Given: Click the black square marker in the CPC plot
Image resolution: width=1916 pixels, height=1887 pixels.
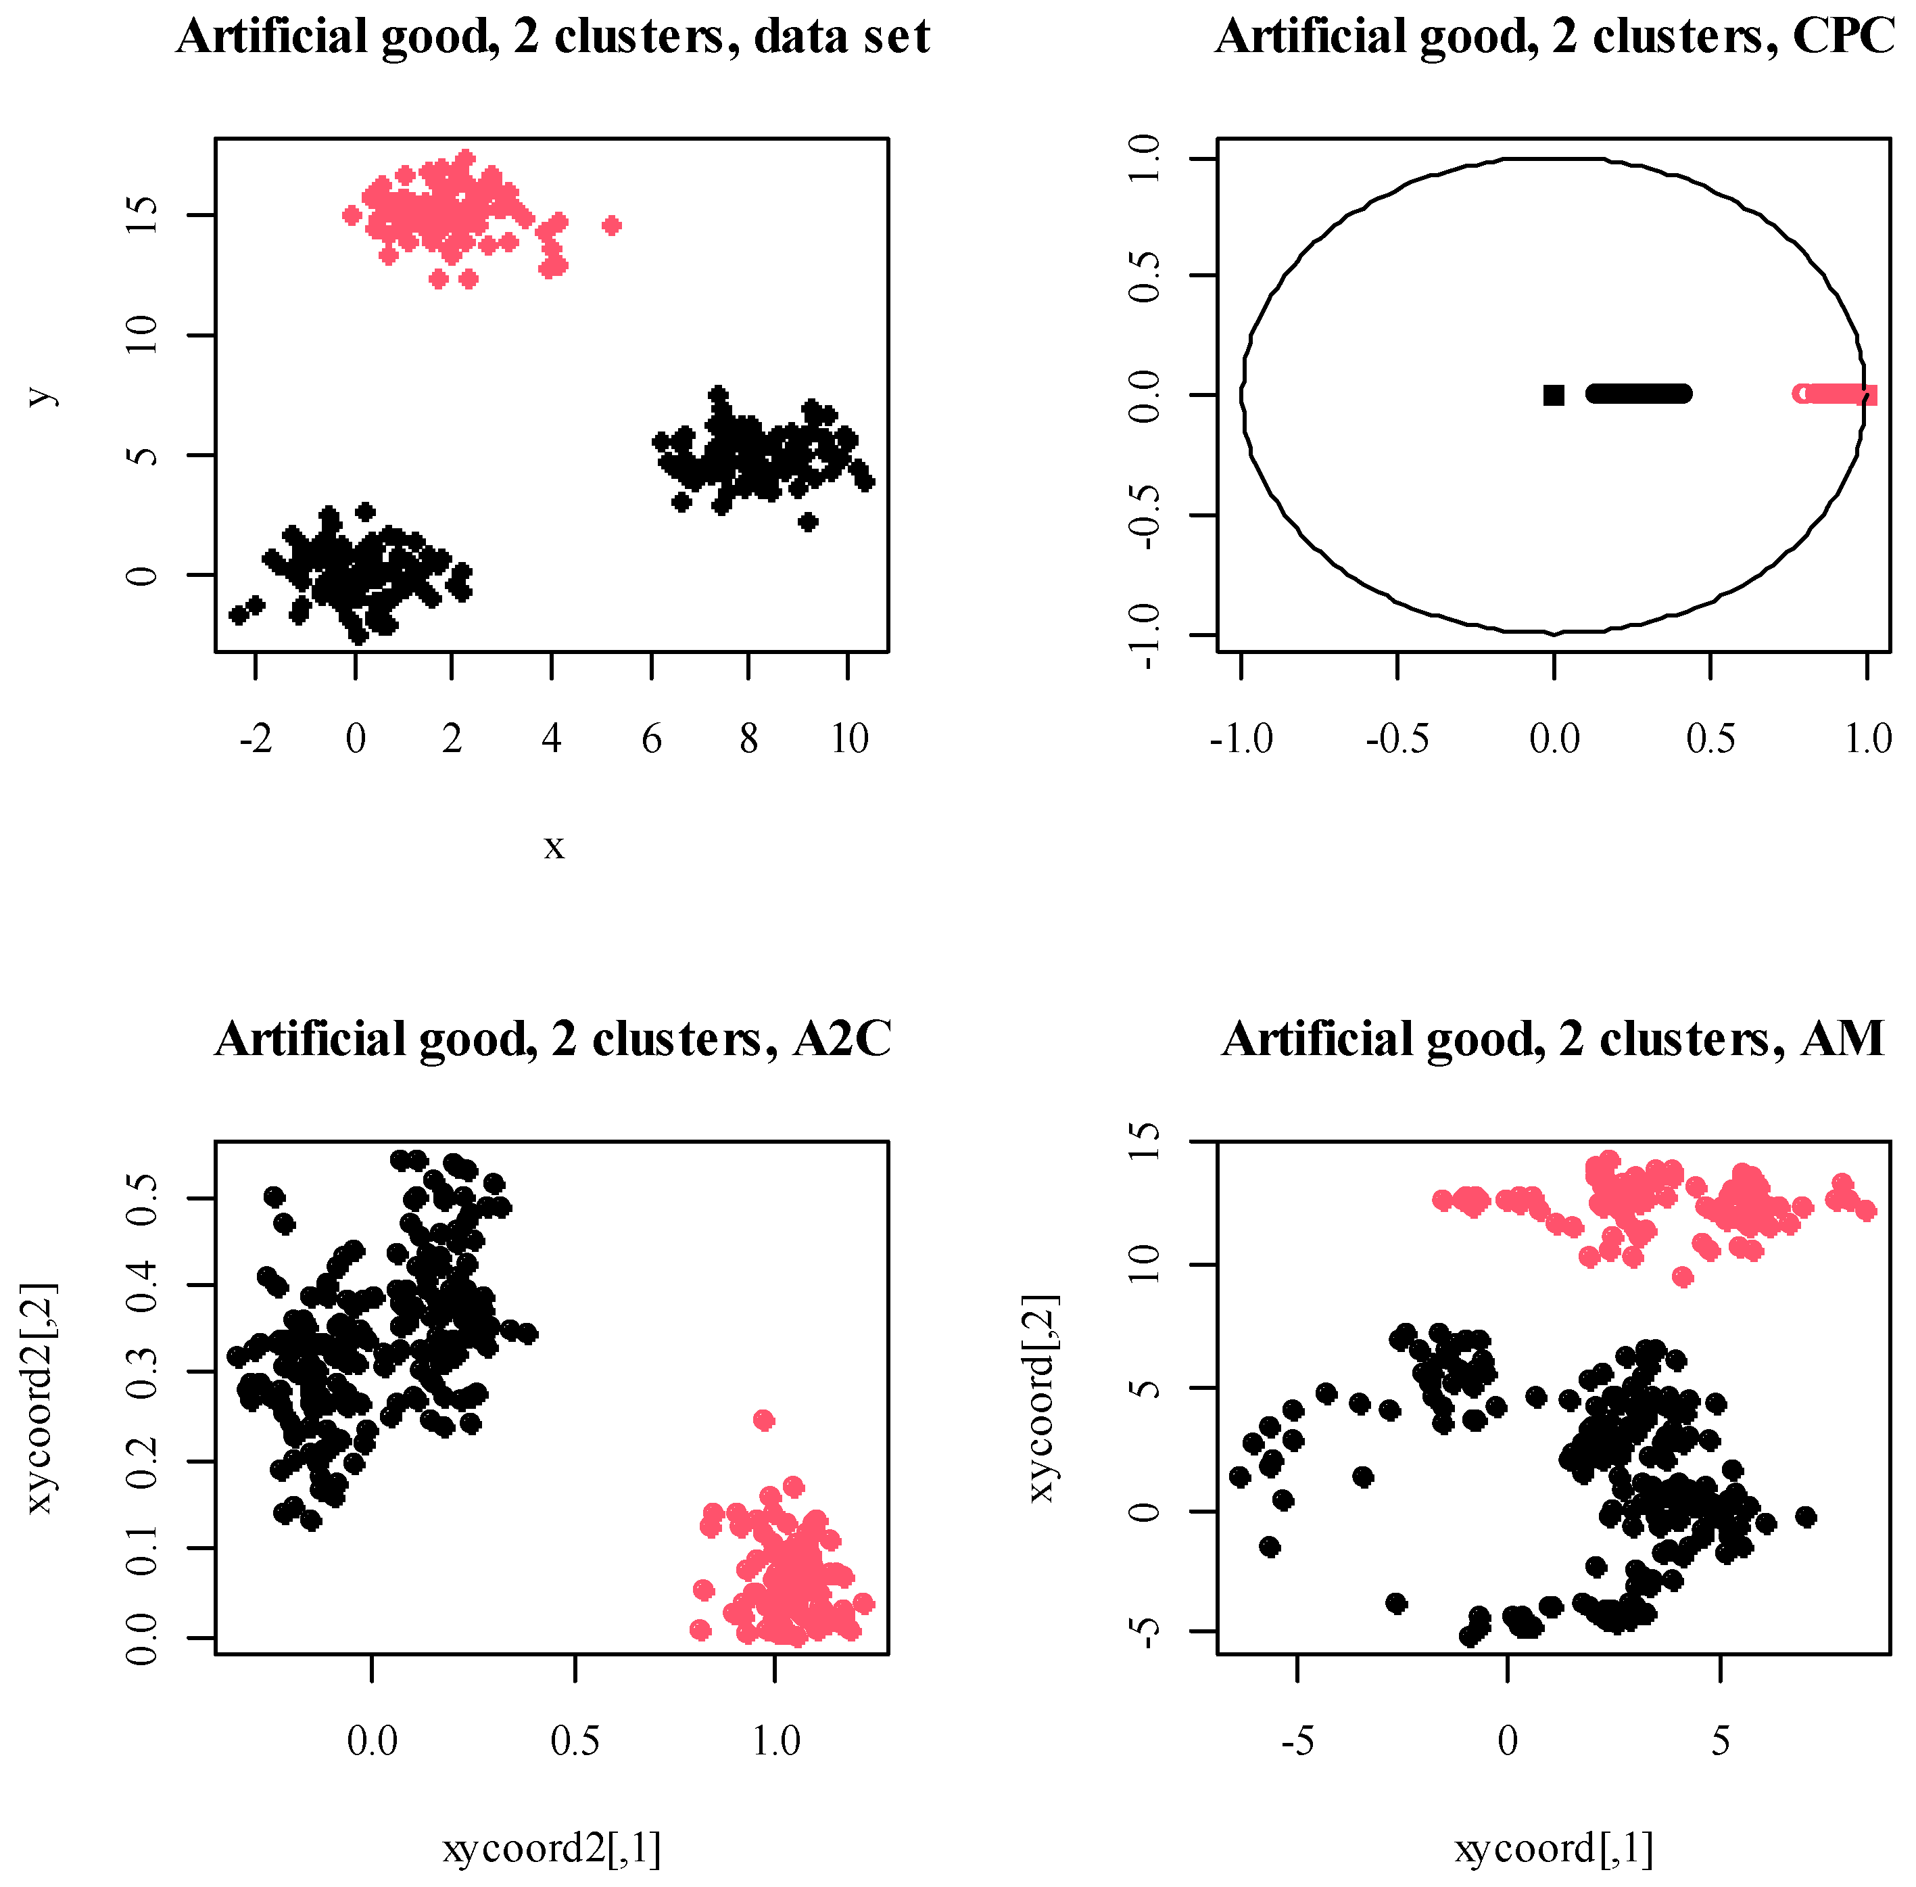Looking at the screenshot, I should coord(1554,396).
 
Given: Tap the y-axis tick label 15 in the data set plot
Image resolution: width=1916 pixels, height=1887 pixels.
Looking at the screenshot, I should coord(142,215).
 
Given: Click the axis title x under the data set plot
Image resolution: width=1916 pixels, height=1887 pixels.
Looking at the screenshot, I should coord(554,845).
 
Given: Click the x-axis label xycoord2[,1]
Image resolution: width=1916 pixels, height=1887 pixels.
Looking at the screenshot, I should coord(552,1848).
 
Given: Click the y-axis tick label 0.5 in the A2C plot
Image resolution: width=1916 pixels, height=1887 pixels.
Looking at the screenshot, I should coord(142,1199).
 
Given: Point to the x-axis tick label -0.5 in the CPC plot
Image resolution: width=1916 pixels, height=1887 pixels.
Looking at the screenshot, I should coord(1397,739).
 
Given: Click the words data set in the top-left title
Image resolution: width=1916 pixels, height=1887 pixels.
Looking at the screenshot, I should coord(842,37).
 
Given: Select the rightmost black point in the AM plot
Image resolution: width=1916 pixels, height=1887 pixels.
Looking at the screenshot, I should coord(1805,1517).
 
